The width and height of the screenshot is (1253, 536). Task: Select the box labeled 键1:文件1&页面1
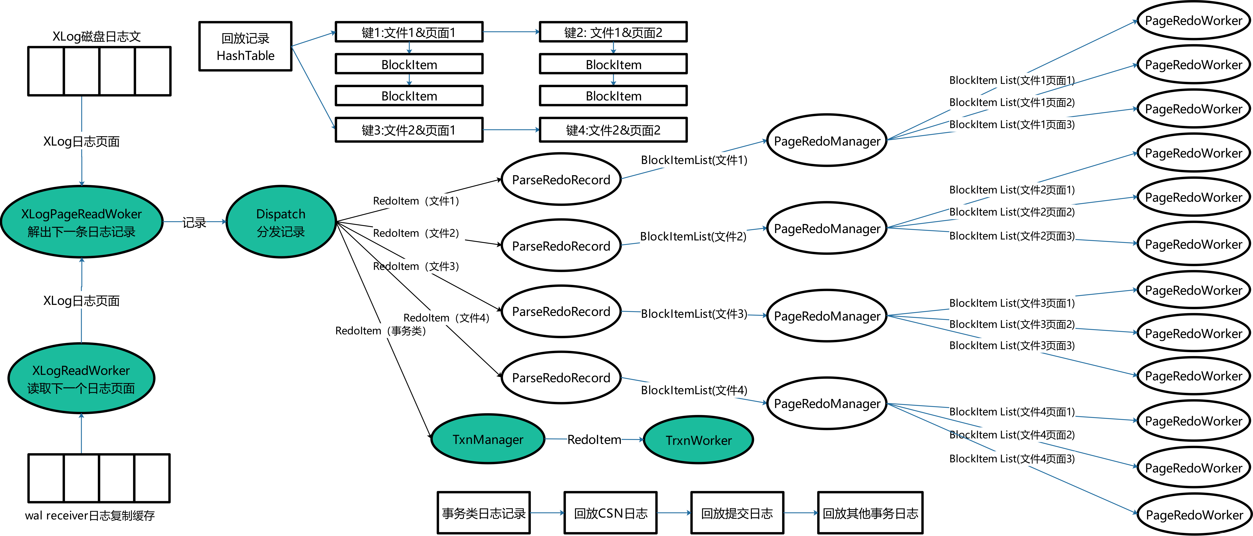pos(409,32)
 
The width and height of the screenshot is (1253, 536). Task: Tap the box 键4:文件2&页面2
pos(613,130)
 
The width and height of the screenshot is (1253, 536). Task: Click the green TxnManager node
pos(487,439)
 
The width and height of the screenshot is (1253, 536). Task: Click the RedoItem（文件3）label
pos(418,266)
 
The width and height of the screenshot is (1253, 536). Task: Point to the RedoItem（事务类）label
pos(383,331)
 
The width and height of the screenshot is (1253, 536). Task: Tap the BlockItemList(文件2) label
pos(693,236)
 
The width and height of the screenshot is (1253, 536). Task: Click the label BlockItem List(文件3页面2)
pos(1012,324)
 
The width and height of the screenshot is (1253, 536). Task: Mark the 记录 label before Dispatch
pos(194,222)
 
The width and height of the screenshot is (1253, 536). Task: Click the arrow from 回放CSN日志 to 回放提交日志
pos(674,513)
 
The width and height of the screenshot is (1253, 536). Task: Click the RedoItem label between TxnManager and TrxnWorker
pos(594,439)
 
